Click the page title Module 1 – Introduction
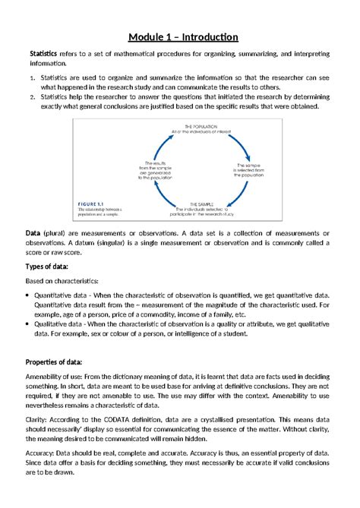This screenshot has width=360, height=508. click(x=183, y=37)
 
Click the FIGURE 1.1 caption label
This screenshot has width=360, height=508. click(x=97, y=202)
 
